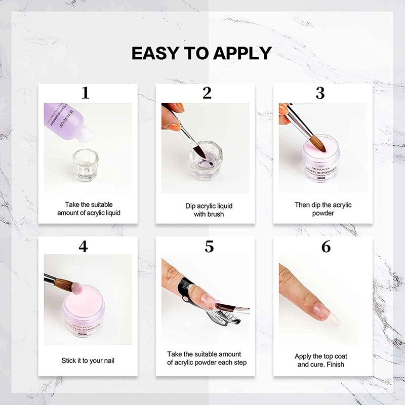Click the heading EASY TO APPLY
pyautogui.click(x=201, y=53)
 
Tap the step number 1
pyautogui.click(x=86, y=93)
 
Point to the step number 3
pyautogui.click(x=320, y=93)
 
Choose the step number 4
pyautogui.click(x=84, y=247)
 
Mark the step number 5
pyautogui.click(x=209, y=247)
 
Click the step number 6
pyautogui.click(x=326, y=247)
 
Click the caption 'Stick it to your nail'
pyautogui.click(x=88, y=361)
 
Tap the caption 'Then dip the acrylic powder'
pyautogui.click(x=323, y=209)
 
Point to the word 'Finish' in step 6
pyautogui.click(x=337, y=364)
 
